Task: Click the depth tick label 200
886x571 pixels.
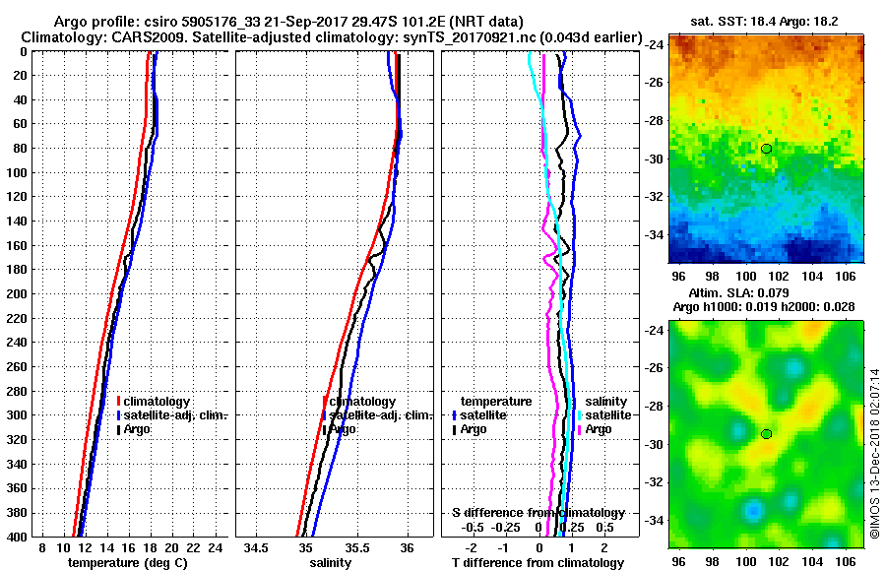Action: pyautogui.click(x=17, y=293)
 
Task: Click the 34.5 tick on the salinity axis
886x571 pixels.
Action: pyautogui.click(x=258, y=548)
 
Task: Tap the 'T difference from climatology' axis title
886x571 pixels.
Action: pyautogui.click(x=537, y=563)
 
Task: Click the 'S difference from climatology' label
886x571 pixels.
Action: pyautogui.click(x=538, y=513)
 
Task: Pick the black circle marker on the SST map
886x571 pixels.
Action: pyautogui.click(x=766, y=149)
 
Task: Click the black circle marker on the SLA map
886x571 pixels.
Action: pyautogui.click(x=766, y=433)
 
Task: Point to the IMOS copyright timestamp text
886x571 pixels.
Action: pyautogui.click(x=873, y=453)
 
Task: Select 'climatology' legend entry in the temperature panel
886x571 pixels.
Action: pyautogui.click(x=162, y=402)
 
